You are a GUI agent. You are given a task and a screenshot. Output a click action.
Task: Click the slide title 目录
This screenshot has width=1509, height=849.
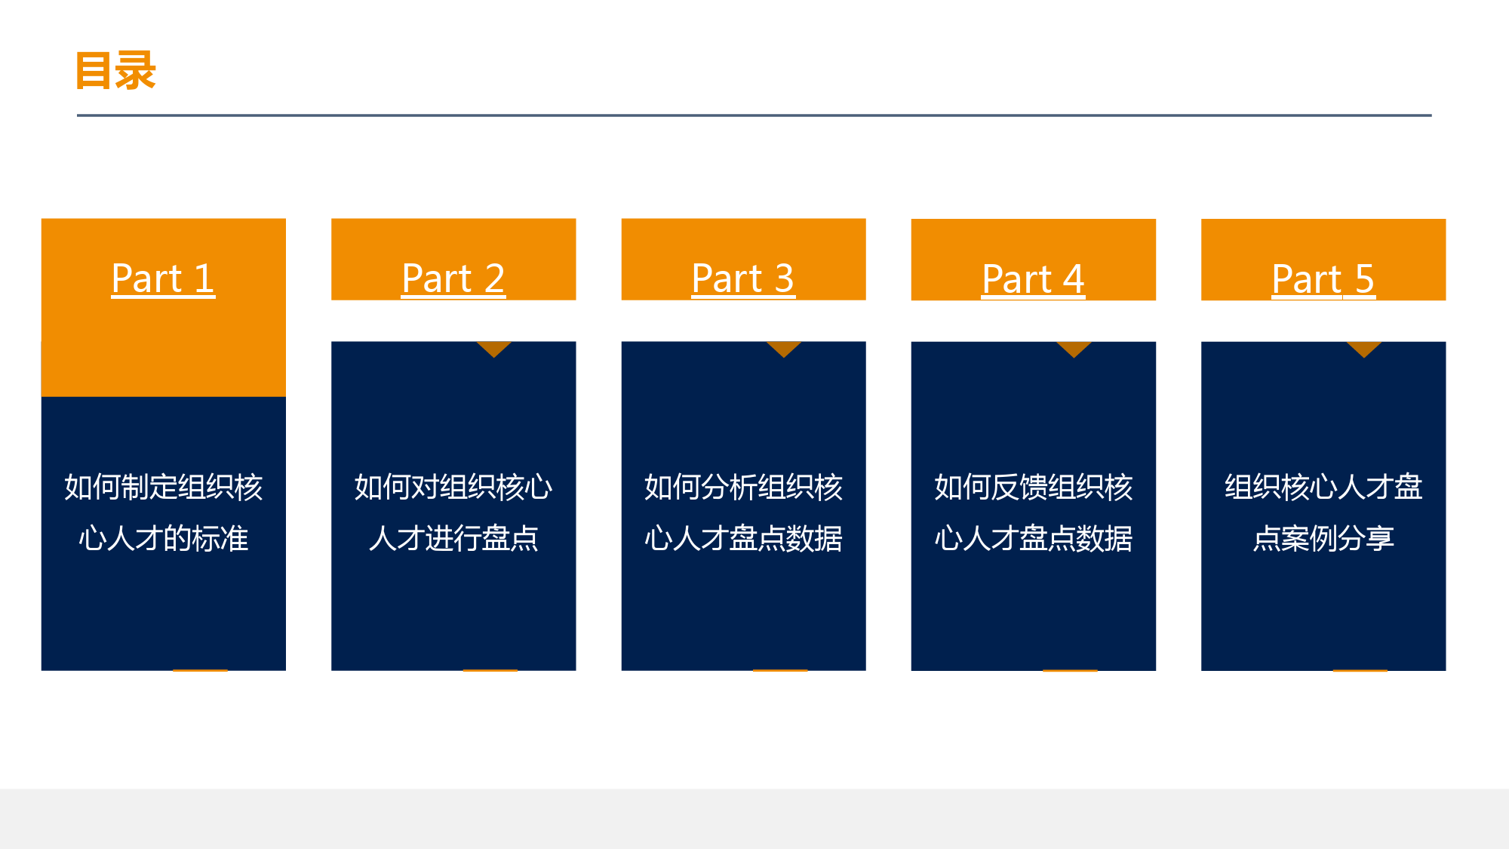coord(115,71)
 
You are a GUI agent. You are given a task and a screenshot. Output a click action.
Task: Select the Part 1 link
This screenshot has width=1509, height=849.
coord(163,278)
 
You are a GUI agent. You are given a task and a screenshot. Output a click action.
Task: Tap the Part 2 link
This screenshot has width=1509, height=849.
coord(453,278)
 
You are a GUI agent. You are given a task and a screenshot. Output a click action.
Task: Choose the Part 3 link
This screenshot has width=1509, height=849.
coord(743,278)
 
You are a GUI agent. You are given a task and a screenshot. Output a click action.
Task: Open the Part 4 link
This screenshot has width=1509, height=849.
coord(1033,278)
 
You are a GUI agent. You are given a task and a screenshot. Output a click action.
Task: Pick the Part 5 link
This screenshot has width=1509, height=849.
coord(1323,278)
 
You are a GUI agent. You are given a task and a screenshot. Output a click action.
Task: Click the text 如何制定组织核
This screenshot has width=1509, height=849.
coord(163,487)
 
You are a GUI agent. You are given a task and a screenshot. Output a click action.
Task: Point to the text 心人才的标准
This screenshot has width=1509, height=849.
coord(163,538)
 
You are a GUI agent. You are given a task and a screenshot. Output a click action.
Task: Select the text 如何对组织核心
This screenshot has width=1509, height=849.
coord(453,487)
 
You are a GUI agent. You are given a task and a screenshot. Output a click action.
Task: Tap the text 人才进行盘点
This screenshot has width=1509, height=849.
coord(453,538)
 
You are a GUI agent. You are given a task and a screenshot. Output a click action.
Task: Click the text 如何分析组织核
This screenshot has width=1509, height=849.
coord(743,487)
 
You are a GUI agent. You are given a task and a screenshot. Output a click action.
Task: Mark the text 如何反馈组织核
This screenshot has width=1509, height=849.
coord(1033,487)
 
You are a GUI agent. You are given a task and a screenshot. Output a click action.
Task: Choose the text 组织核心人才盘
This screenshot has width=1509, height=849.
coord(1323,487)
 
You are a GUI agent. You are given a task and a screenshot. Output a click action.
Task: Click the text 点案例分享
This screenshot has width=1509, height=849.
coord(1323,538)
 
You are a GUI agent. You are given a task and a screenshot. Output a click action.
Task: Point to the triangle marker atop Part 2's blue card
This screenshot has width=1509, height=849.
coord(494,348)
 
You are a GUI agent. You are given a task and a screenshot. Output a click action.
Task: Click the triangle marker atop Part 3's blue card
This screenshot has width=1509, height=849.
coord(784,348)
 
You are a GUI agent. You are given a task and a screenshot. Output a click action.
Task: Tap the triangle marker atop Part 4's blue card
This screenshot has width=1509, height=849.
coord(1074,348)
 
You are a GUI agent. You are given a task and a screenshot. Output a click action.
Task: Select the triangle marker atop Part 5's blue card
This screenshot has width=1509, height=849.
coord(1364,348)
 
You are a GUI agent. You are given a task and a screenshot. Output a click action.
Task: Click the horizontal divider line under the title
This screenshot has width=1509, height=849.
coord(754,115)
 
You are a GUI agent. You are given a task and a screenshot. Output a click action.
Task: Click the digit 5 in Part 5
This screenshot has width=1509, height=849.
coord(1364,278)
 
